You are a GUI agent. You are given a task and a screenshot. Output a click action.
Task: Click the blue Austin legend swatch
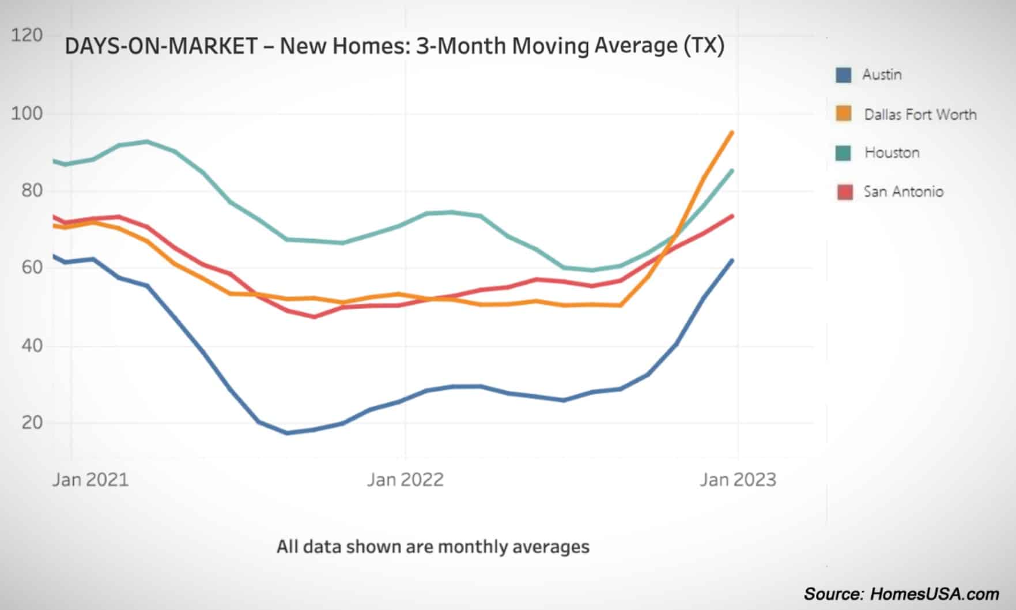click(844, 75)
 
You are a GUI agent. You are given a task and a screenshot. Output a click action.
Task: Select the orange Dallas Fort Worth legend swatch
click(844, 114)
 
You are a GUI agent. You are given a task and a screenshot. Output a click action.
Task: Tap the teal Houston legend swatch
click(844, 153)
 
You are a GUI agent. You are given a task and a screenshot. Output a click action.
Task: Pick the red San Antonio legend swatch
click(844, 191)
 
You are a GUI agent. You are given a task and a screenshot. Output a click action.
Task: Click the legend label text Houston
click(892, 153)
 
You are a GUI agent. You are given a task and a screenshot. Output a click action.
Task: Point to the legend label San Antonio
click(903, 191)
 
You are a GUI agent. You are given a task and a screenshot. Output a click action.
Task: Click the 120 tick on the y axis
click(27, 35)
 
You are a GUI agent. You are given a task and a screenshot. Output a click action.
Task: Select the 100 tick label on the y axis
click(27, 113)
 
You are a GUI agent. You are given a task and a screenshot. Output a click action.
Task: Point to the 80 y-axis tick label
click(32, 190)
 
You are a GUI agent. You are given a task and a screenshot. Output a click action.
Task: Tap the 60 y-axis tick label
click(32, 268)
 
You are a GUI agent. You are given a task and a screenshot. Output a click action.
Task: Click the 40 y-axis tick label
click(32, 345)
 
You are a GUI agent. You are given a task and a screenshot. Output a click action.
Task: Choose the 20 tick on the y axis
click(32, 423)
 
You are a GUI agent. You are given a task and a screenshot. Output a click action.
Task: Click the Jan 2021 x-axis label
click(90, 480)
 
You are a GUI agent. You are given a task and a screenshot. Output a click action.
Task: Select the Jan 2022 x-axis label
click(405, 480)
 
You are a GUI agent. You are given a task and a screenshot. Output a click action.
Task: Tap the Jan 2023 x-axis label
click(738, 480)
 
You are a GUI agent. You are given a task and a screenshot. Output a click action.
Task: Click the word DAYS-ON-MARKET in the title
click(161, 46)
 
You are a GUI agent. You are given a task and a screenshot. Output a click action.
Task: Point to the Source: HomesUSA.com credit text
click(901, 594)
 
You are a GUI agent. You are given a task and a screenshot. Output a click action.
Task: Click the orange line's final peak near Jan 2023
click(732, 133)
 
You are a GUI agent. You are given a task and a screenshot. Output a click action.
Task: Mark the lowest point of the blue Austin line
click(287, 432)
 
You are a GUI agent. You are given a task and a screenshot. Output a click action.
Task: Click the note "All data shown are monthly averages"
click(433, 546)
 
